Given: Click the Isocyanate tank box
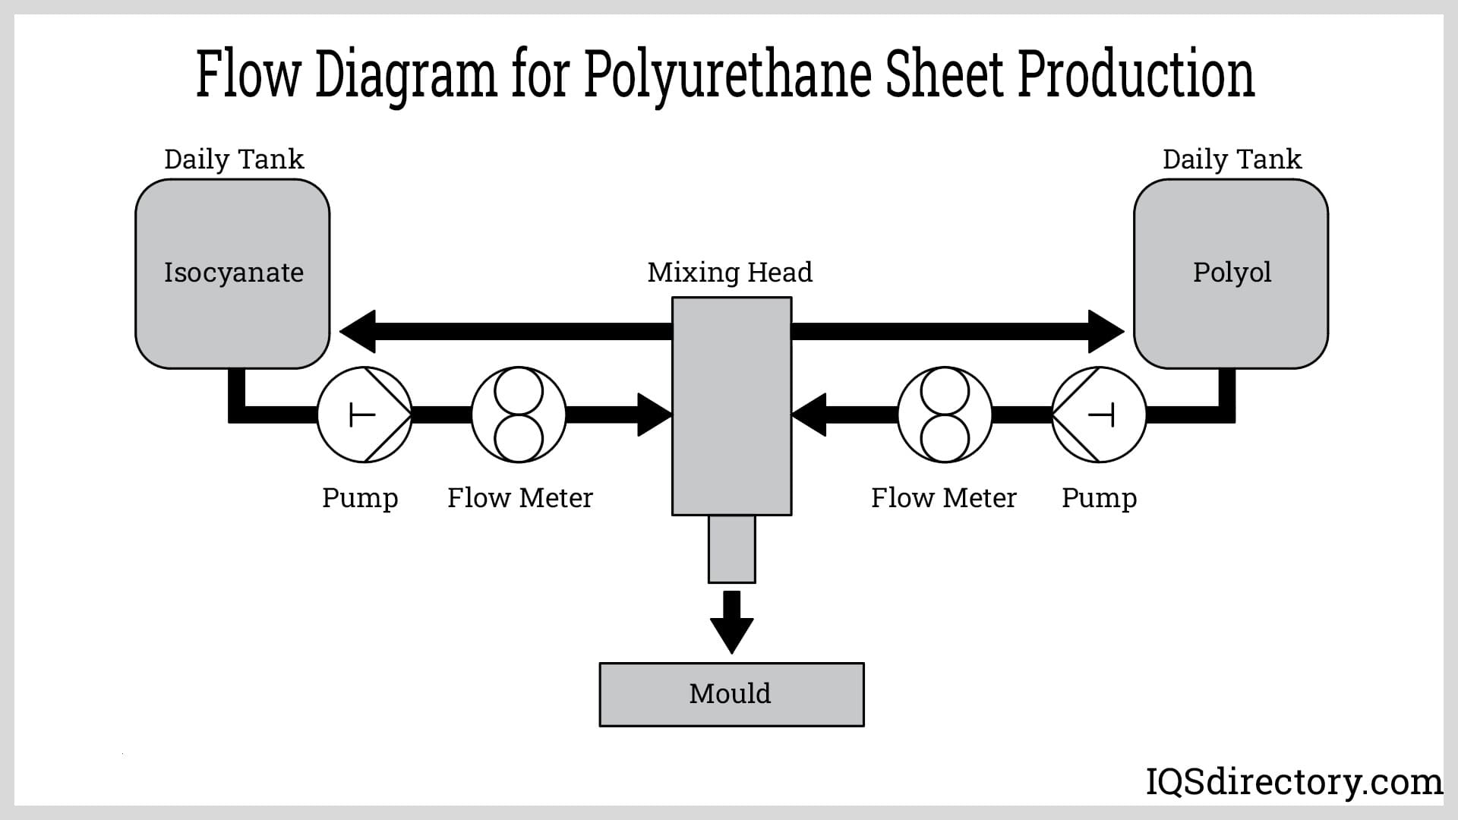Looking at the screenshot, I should coord(232,273).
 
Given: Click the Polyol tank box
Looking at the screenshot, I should coord(1231,273).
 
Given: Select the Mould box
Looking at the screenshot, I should coord(731,694).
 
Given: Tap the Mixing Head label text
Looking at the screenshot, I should coord(730,272).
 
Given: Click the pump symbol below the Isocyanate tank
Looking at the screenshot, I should coord(364,415).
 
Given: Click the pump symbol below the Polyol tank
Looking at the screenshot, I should coord(1099,415).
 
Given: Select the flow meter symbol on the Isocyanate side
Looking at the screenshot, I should coord(519,415).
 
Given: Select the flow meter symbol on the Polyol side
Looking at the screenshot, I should coord(945,415).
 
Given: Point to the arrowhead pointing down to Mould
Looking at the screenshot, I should coord(731,634).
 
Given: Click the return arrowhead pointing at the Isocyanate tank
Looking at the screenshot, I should coord(358,331).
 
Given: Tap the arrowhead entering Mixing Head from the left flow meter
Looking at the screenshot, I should coord(654,415).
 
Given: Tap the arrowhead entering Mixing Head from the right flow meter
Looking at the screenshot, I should coord(809,415).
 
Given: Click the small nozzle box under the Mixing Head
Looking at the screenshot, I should coord(731,549).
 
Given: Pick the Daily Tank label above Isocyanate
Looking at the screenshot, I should coord(234,159).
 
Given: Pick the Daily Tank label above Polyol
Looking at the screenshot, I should coord(1232,159).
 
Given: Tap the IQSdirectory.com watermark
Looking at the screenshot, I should coord(1293,781).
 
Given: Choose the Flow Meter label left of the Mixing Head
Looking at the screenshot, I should coord(519,498).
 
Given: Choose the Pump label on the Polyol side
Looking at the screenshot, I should coord(1099,498).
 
